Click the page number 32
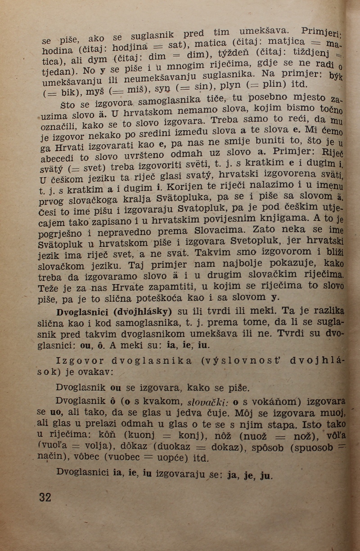coord(45,497)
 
